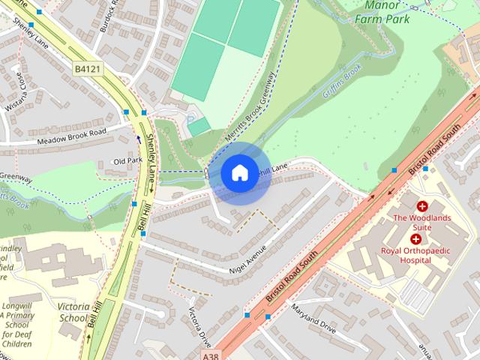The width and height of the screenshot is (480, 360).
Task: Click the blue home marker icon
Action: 239,173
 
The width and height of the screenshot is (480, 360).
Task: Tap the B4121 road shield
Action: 85,68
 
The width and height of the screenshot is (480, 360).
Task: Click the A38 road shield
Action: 211,352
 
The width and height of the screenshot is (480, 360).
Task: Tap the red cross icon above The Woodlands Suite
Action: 422,205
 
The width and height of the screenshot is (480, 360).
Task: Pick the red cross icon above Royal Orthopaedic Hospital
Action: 415,238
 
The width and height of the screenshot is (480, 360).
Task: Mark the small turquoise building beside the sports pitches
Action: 198,127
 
